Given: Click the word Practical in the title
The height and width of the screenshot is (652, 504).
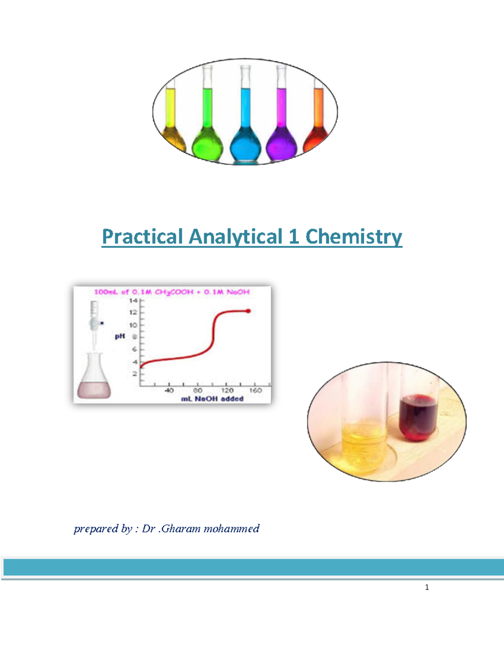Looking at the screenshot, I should pyautogui.click(x=142, y=237).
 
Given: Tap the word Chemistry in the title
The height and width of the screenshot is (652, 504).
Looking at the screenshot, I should pyautogui.click(x=354, y=237).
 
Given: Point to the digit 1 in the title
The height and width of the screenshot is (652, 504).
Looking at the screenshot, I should pyautogui.click(x=294, y=237).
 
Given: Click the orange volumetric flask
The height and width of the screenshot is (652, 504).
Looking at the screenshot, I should pyautogui.click(x=318, y=126).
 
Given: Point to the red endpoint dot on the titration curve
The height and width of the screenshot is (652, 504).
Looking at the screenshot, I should pyautogui.click(x=248, y=311).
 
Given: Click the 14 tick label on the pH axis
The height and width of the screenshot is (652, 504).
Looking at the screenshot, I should pyautogui.click(x=133, y=301).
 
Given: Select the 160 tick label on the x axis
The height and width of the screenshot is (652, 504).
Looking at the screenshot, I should pyautogui.click(x=255, y=390).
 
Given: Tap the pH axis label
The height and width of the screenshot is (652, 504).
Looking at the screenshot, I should pyautogui.click(x=120, y=336).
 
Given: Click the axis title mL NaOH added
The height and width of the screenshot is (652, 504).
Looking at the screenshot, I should pyautogui.click(x=212, y=399).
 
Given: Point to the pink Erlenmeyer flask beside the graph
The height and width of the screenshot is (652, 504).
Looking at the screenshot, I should pyautogui.click(x=94, y=378).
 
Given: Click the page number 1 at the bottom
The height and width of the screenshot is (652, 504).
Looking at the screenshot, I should pyautogui.click(x=427, y=587).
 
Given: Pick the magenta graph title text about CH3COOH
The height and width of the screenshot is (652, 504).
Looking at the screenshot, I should pyautogui.click(x=172, y=292).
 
